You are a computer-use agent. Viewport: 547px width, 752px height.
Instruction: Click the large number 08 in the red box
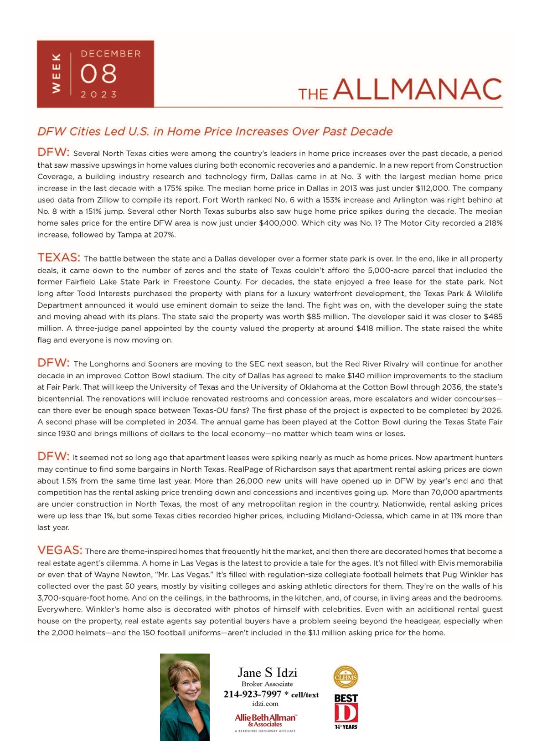98,74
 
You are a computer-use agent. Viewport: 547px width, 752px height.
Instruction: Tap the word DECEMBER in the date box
111,54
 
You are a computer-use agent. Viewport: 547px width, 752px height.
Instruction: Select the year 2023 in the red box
99,94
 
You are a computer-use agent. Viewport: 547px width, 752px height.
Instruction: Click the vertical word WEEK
56,73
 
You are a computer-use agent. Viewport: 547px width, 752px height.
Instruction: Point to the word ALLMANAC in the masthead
418,89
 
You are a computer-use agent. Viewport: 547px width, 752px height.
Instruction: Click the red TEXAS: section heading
59,258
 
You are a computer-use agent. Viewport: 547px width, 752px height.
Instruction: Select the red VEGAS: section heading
60,550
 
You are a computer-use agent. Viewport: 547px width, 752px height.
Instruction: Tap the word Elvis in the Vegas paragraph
447,563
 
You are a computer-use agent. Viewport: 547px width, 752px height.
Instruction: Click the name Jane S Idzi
267,673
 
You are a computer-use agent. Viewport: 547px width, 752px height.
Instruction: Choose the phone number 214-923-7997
252,694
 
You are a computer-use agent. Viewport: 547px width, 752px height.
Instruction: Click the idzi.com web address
265,704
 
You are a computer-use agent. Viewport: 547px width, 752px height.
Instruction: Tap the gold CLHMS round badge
346,677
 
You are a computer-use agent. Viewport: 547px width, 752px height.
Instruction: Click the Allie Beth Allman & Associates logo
265,720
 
